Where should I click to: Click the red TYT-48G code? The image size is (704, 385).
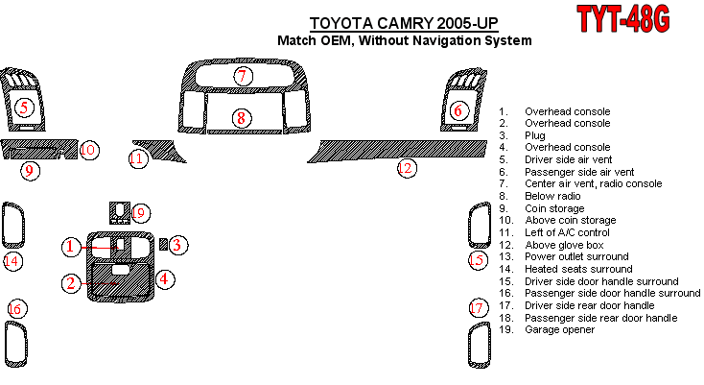point(622,19)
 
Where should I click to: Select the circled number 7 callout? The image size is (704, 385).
point(244,76)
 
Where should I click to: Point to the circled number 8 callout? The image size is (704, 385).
point(242,118)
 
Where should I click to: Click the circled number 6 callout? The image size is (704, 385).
point(458,111)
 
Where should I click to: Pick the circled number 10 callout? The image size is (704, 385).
point(88,150)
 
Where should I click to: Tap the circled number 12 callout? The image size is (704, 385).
point(407,169)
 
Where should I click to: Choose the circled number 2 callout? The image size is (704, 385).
point(71,283)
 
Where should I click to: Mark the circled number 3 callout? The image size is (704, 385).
point(177,245)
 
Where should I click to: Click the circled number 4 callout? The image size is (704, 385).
point(165,279)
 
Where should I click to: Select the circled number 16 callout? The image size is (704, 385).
point(15,308)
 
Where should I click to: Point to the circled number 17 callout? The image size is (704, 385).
point(478,308)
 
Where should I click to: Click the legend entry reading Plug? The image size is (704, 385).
point(534,135)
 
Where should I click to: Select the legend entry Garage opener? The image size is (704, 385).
point(559,329)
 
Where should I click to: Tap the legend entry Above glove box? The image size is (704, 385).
point(567,245)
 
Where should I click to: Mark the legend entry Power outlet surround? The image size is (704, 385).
point(575,256)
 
